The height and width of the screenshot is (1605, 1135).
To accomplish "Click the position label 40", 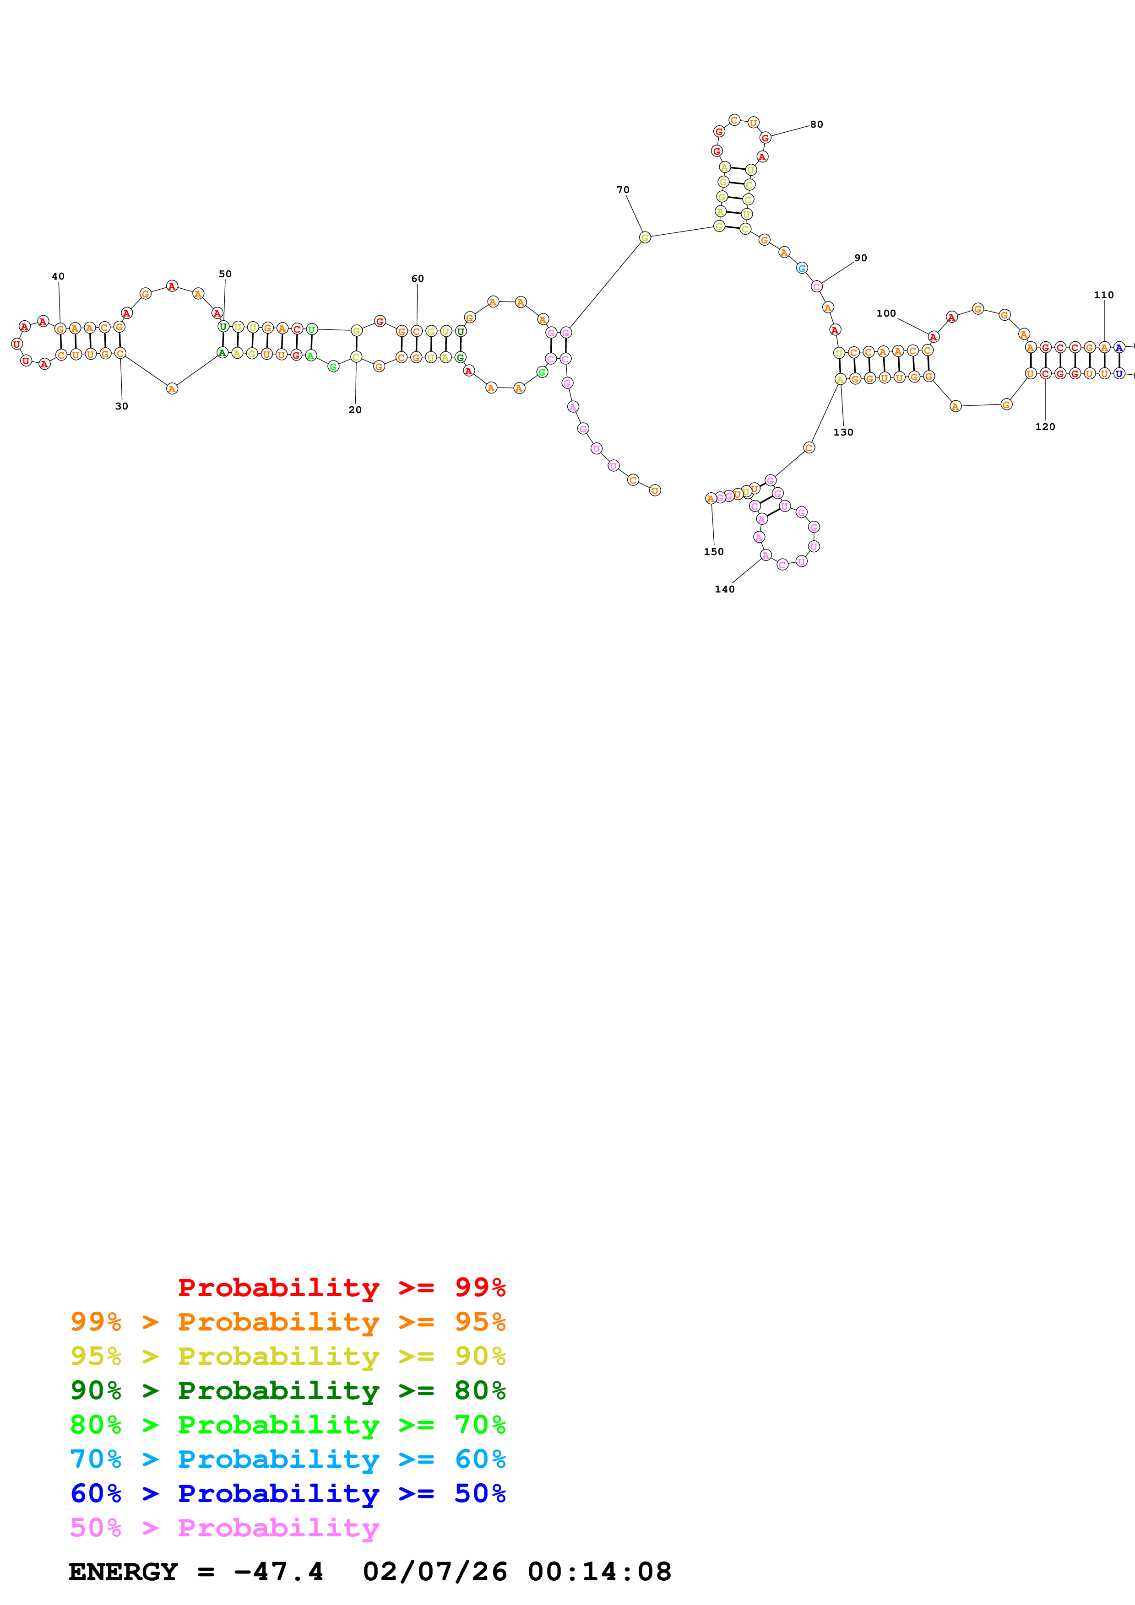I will (x=58, y=276).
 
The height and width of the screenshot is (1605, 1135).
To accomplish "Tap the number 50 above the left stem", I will (x=225, y=274).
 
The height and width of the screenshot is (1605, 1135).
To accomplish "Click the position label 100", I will (x=886, y=313).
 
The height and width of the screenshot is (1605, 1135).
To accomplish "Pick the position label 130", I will (x=843, y=432).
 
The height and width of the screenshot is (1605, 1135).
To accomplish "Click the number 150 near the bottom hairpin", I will (x=714, y=551).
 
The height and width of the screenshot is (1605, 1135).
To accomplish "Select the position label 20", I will (x=355, y=409).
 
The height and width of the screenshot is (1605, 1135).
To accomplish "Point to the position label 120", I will (x=1045, y=426).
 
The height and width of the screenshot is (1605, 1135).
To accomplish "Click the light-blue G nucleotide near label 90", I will (x=802, y=268).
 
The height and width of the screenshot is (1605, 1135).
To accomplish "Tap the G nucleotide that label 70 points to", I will (x=645, y=237).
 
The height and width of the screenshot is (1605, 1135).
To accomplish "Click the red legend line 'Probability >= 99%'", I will (x=342, y=1287).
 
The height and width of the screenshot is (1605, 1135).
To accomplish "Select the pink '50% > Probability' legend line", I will (x=224, y=1527).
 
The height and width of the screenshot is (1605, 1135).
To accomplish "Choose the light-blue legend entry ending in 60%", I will (x=288, y=1459).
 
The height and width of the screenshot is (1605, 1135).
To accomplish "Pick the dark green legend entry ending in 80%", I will (x=288, y=1390).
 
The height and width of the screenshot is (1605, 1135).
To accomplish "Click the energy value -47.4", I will (x=278, y=1572).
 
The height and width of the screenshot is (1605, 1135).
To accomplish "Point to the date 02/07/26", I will (x=435, y=1572).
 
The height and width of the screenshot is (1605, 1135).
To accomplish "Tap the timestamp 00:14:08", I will (x=599, y=1572).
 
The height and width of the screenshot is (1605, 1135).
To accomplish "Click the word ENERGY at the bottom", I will (x=123, y=1572).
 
